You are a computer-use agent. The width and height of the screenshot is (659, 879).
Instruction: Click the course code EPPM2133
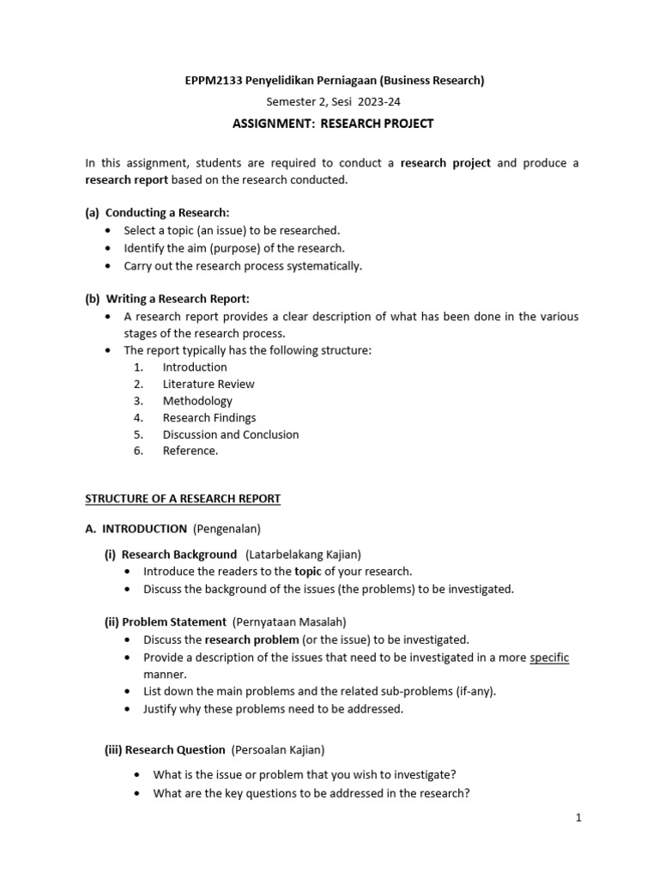click(x=214, y=81)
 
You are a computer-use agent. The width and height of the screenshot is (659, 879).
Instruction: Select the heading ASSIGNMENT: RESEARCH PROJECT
click(x=333, y=124)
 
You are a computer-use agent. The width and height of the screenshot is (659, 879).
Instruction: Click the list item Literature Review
click(x=209, y=384)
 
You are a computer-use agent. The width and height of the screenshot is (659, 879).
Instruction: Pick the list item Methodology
click(x=197, y=401)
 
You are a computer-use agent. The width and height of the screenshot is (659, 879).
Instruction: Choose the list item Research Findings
click(x=209, y=417)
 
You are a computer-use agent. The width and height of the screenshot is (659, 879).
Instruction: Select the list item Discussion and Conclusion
click(x=231, y=434)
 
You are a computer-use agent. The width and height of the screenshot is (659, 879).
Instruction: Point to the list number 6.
click(x=138, y=451)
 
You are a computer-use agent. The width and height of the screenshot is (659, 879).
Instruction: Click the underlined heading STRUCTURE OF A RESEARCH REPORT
click(x=183, y=499)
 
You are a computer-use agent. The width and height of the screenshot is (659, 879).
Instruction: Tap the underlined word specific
click(x=549, y=658)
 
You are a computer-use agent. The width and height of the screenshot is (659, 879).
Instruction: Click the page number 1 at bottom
click(x=578, y=818)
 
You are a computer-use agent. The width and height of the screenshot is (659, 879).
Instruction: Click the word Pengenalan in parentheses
click(x=227, y=529)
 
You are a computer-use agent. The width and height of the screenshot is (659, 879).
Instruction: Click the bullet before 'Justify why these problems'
click(x=128, y=709)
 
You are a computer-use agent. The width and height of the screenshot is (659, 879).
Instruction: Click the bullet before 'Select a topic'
click(x=107, y=231)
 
